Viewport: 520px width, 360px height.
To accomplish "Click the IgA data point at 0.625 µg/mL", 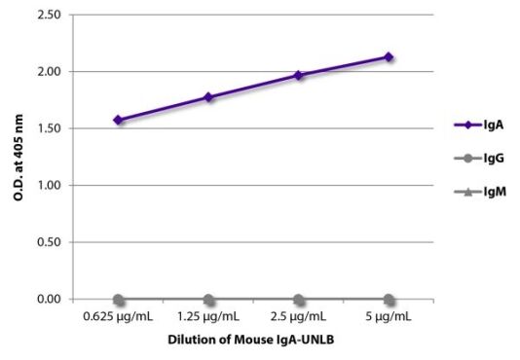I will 118,121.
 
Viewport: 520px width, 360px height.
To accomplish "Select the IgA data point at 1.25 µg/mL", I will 208,97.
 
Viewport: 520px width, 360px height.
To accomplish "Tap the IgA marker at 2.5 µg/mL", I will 299,75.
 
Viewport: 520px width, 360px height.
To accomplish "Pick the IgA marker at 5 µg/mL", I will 389,56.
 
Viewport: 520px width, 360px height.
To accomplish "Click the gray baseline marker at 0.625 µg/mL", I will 118,299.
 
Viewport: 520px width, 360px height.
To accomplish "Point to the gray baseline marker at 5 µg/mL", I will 389,299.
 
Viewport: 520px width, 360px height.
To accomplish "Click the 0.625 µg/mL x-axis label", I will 118,318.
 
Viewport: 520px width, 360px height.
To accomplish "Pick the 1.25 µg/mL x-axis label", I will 208,318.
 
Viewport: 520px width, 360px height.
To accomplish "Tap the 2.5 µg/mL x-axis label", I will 299,318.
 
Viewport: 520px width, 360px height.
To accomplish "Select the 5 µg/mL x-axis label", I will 389,318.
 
